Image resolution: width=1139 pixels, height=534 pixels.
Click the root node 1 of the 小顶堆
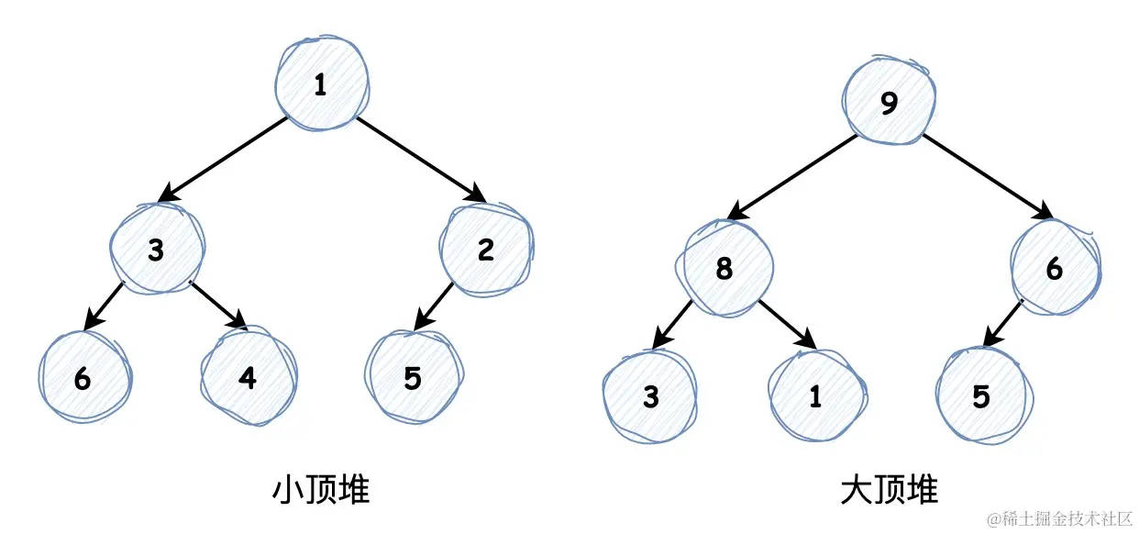tap(323, 83)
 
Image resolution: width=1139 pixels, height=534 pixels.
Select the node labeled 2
tap(486, 250)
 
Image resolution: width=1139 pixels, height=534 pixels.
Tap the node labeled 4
tap(249, 376)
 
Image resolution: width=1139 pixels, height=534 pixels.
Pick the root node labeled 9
tap(889, 101)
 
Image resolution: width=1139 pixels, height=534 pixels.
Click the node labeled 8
tap(725, 268)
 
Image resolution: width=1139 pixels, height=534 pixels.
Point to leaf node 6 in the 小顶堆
tap(84, 377)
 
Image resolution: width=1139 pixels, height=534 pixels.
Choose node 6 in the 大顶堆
tap(1056, 268)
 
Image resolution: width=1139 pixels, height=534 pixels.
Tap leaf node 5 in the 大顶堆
tap(983, 395)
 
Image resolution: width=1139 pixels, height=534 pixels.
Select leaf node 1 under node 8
tap(816, 395)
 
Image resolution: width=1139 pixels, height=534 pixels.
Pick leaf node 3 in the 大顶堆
tap(650, 395)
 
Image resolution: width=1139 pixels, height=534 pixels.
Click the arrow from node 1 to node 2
tap(422, 160)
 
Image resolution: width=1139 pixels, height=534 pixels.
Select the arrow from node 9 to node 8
tap(791, 177)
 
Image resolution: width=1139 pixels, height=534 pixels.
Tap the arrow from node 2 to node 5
tap(433, 306)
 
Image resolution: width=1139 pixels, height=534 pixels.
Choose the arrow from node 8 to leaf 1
tap(788, 325)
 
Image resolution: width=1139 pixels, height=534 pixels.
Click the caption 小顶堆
tap(321, 490)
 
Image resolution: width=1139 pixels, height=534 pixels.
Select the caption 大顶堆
tap(890, 490)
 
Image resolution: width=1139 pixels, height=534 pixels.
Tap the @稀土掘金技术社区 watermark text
tap(1060, 519)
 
